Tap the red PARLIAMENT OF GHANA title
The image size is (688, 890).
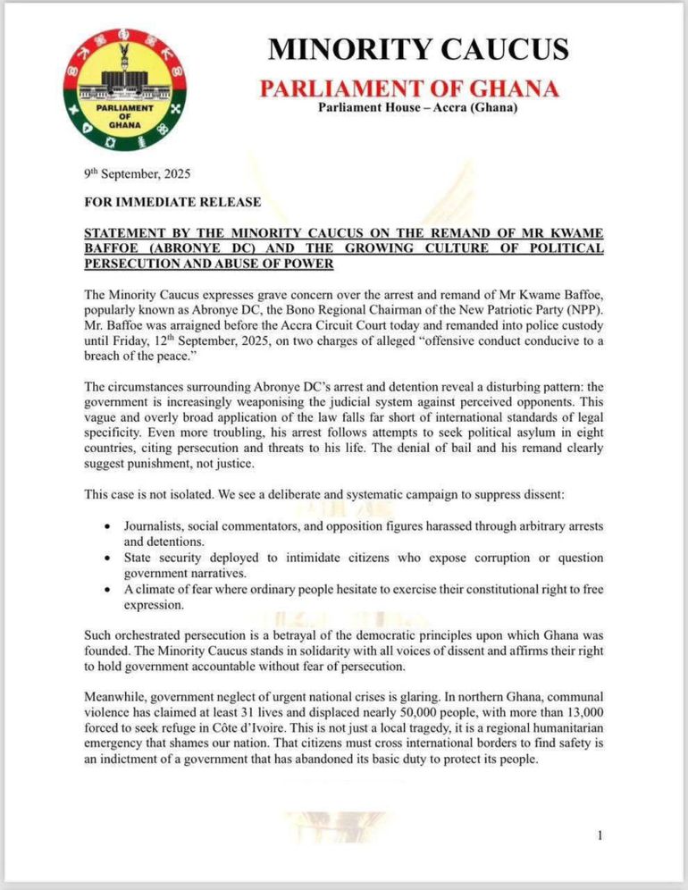point(408,88)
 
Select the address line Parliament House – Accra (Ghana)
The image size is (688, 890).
point(418,109)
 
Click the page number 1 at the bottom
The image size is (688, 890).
point(600,835)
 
